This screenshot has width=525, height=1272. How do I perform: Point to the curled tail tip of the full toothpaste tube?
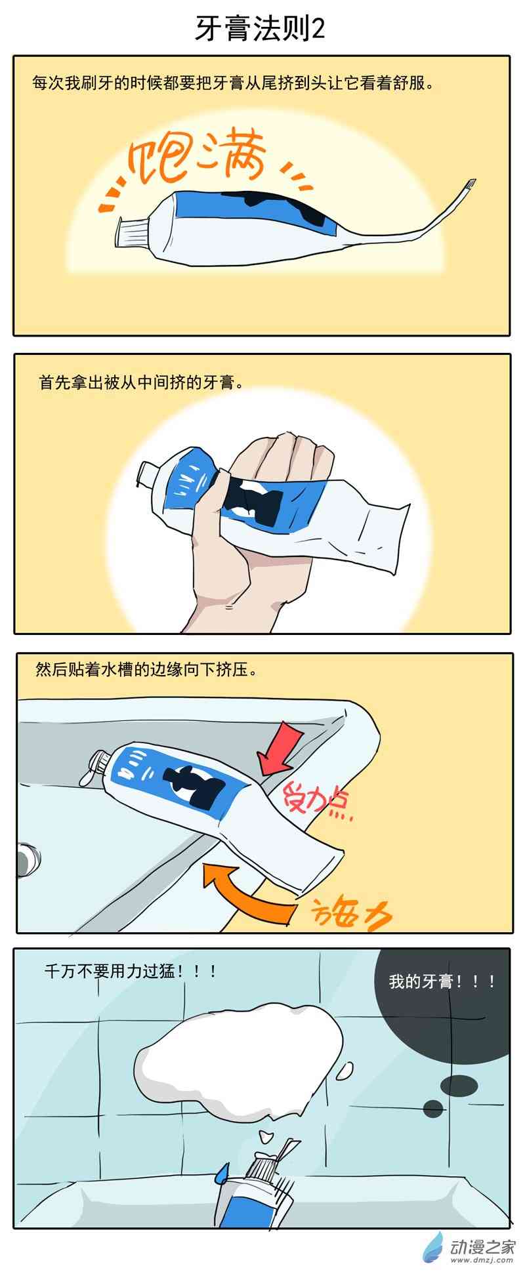pyautogui.click(x=468, y=185)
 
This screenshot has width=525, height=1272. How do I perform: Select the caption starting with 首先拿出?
pyautogui.click(x=140, y=382)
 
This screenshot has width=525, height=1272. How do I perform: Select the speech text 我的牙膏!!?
pyautogui.click(x=441, y=981)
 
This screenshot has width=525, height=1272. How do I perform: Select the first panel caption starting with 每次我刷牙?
pyautogui.click(x=233, y=83)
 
